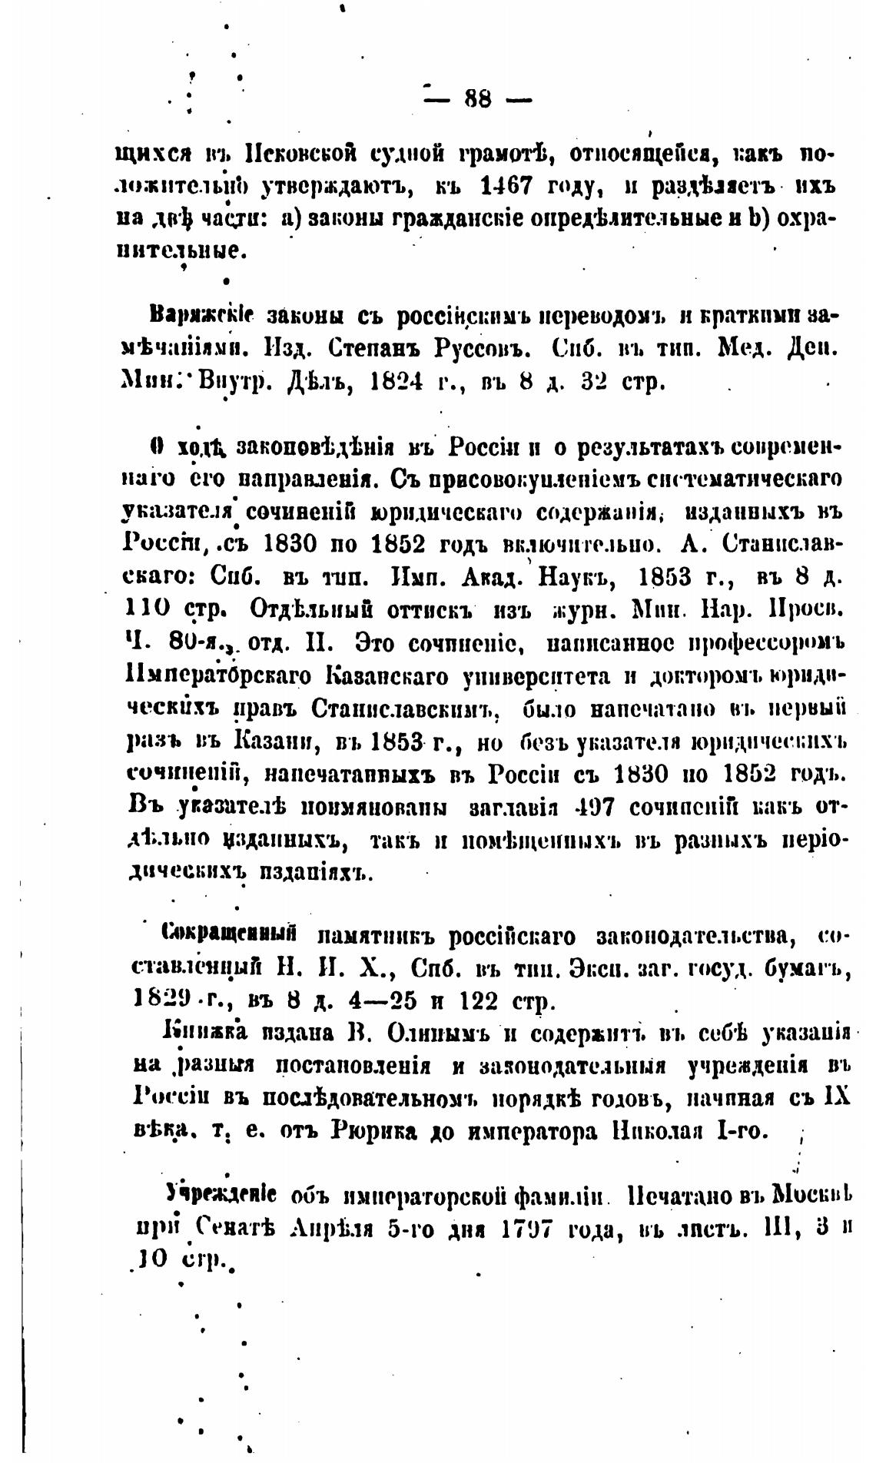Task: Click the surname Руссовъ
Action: pos(479,350)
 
